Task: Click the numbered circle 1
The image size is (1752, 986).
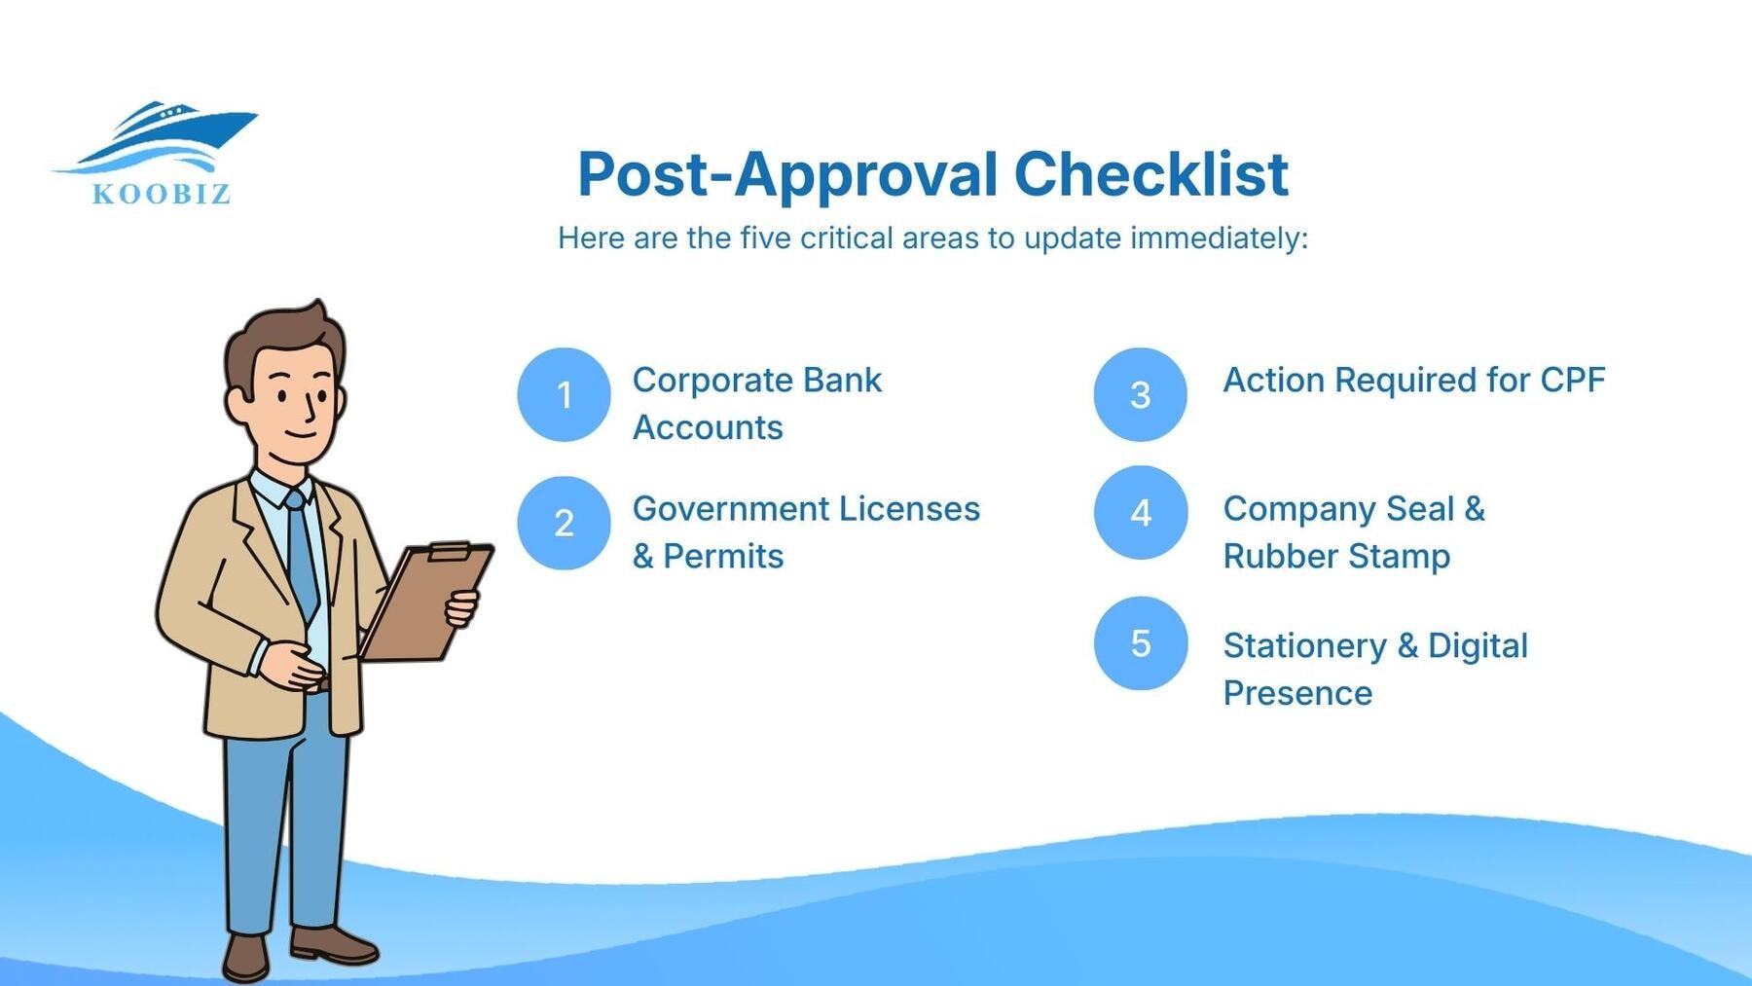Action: coord(564,394)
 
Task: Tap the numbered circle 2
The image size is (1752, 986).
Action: coord(564,523)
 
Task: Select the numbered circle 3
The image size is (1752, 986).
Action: coord(1140,394)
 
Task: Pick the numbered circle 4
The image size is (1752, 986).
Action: coord(1140,512)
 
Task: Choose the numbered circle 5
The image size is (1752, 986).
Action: coord(1140,642)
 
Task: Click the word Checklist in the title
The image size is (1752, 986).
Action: coord(1150,174)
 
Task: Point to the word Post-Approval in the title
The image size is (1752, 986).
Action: coord(787,174)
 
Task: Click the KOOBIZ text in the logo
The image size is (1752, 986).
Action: coord(162,194)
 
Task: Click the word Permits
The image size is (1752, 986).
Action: coord(723,556)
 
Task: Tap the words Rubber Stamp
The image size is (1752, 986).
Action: coord(1336,556)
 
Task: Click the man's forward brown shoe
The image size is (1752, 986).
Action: coord(333,943)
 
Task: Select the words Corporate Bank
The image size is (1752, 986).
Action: coord(756,380)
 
